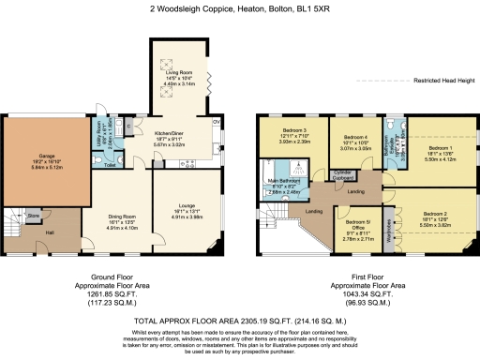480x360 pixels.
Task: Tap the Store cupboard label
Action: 34,216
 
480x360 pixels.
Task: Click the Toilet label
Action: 110,164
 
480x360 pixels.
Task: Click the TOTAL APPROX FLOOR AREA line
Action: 240,320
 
